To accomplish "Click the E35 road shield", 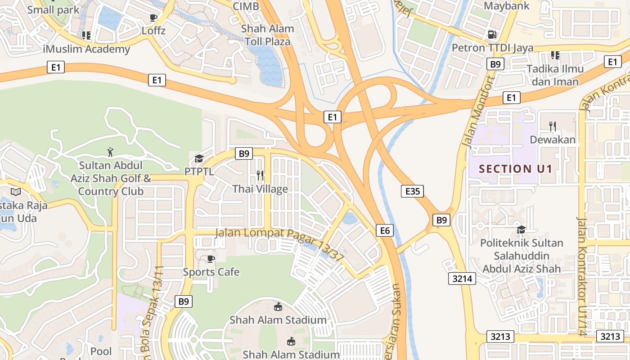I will pos(412,191).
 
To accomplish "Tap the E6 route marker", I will pos(385,231).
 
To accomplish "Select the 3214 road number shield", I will pos(462,279).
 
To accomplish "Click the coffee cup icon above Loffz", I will pos(153,18).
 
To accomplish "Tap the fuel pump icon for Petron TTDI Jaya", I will pos(492,34).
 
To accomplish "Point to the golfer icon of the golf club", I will pos(110,152).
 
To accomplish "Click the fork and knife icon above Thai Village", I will pos(260,175).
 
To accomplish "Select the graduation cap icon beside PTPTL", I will pos(199,158).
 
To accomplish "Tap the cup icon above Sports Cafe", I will pos(211,259).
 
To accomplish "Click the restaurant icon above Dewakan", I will pos(553,126).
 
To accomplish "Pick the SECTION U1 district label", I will pos(515,169).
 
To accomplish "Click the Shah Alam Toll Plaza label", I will pos(267,35).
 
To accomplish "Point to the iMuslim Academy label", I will pos(86,49).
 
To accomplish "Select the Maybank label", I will pos(507,6).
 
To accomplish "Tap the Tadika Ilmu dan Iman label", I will pos(555,75).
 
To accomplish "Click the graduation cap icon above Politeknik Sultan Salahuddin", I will pos(521,229).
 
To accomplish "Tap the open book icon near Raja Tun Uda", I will pos(16,192).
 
